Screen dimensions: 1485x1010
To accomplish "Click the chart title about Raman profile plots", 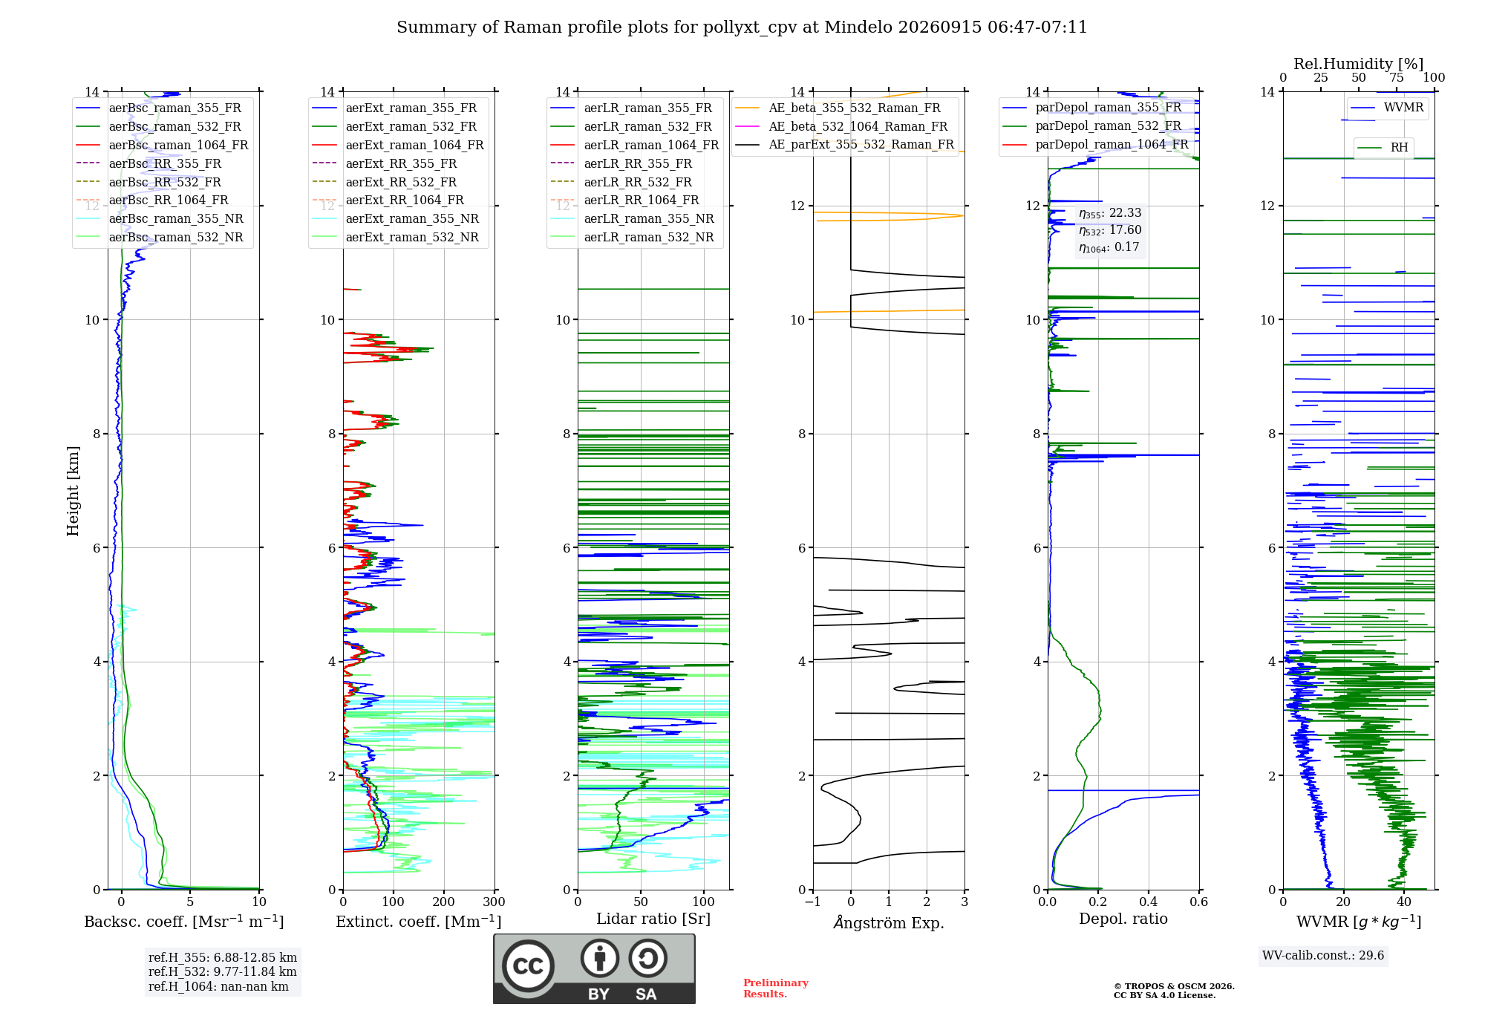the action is pos(742,27).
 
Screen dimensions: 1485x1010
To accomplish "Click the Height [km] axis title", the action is pos(73,491).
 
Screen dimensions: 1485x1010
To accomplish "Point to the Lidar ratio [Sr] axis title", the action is pos(653,919).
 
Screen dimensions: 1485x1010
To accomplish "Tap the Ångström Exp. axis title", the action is pos(889,922).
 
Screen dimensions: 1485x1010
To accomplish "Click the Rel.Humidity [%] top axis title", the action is pos(1359,64).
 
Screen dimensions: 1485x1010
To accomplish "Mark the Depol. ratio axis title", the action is pos(1123,919).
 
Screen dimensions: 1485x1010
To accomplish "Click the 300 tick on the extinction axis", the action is pos(495,902).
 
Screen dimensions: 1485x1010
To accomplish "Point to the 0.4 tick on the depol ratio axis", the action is pos(1149,902).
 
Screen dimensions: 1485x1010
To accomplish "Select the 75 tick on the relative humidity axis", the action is pos(1397,77).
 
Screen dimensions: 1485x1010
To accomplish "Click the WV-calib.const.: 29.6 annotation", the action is pos(1323,956).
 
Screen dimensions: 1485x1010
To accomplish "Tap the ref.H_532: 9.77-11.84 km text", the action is pos(222,971).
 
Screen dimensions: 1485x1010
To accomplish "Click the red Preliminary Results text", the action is pos(776,988).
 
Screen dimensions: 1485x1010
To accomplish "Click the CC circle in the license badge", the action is pos(528,965).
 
